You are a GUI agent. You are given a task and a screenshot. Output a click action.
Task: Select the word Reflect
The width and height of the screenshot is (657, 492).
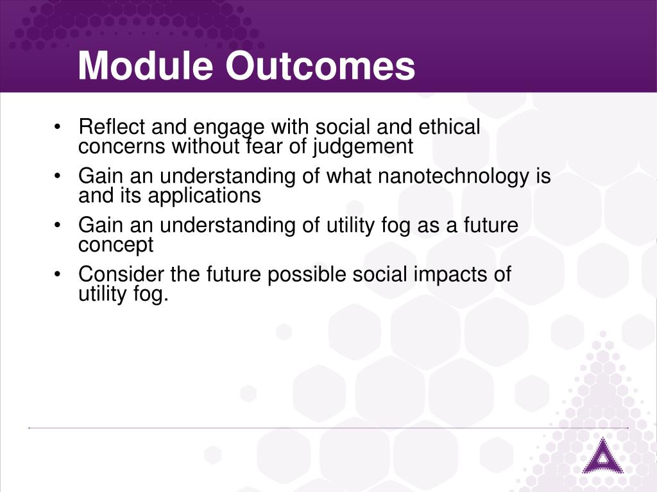[x=112, y=126]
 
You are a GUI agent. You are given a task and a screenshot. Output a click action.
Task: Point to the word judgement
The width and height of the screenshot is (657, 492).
[x=363, y=147]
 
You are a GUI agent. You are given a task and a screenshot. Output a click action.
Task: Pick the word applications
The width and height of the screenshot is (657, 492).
[x=205, y=196]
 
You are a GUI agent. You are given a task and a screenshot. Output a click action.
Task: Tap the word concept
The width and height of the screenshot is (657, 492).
[x=115, y=245]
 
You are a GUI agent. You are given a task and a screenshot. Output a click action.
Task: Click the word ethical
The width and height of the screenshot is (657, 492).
[x=449, y=126]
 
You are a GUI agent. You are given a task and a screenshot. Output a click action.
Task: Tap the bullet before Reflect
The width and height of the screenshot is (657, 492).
[x=57, y=126]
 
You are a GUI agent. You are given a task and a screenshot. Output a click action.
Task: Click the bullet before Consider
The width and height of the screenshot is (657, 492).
[x=57, y=275]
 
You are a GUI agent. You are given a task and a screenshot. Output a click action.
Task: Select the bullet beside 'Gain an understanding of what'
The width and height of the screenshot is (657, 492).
[x=57, y=176]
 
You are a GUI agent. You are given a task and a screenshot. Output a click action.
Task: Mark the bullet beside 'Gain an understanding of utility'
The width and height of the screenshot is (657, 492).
[x=57, y=225]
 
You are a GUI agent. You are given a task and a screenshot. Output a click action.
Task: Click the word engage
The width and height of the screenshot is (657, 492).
[x=229, y=128]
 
